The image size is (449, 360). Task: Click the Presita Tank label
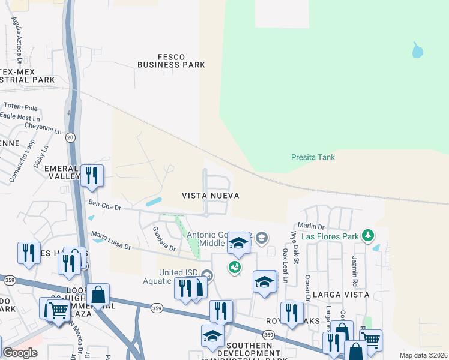[x=313, y=158]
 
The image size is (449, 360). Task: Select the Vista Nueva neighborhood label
[x=211, y=196]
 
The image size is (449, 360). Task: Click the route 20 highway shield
[x=71, y=137]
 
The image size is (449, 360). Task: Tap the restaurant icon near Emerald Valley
[x=92, y=175]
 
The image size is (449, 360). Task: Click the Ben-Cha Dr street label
[x=105, y=206]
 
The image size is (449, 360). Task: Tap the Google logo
[x=20, y=353]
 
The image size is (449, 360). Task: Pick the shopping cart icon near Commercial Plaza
[x=57, y=310]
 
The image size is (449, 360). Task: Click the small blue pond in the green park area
[x=417, y=51]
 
